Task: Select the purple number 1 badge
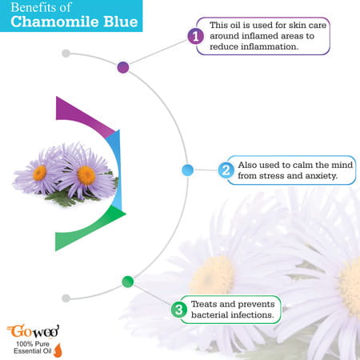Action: coord(194,36)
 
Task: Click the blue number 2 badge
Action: coord(226,170)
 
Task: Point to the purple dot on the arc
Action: coord(123,67)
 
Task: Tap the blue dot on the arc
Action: coord(188,170)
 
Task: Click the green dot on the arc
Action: coord(127,281)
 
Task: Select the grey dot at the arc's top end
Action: coord(66,54)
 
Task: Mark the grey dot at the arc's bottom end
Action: coord(66,298)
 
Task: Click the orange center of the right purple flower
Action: coord(86,174)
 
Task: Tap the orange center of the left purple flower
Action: coord(40,172)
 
